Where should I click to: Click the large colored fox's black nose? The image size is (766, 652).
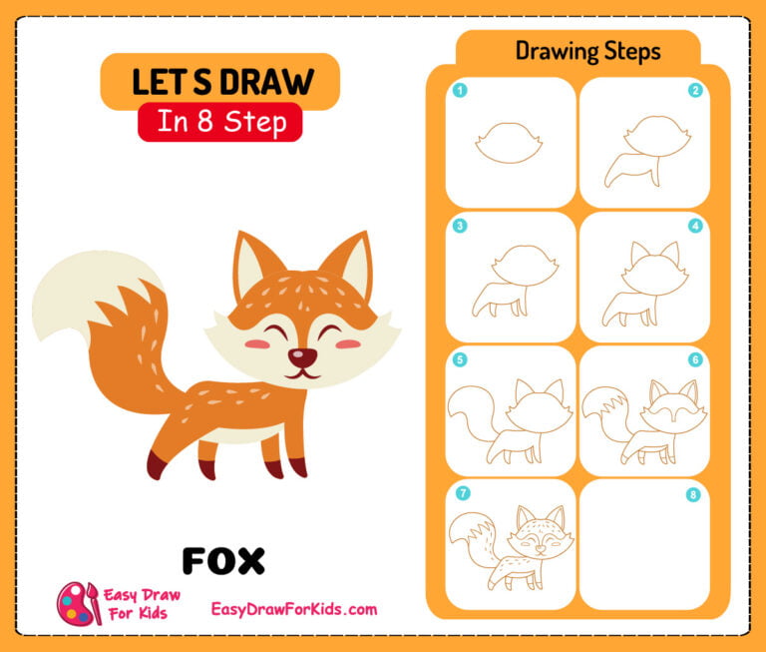(x=297, y=356)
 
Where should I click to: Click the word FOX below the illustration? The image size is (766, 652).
(x=223, y=560)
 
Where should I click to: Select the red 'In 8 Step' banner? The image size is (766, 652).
(x=219, y=122)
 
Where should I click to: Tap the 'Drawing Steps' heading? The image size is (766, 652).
(x=587, y=51)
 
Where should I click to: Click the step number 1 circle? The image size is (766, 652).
(x=460, y=91)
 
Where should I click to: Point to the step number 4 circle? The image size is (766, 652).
(x=695, y=226)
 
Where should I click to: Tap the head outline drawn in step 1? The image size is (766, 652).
(x=510, y=143)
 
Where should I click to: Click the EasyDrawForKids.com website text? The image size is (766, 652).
(x=294, y=609)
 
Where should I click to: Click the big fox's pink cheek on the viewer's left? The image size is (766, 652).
(x=257, y=343)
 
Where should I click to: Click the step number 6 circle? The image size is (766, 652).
(x=695, y=359)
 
